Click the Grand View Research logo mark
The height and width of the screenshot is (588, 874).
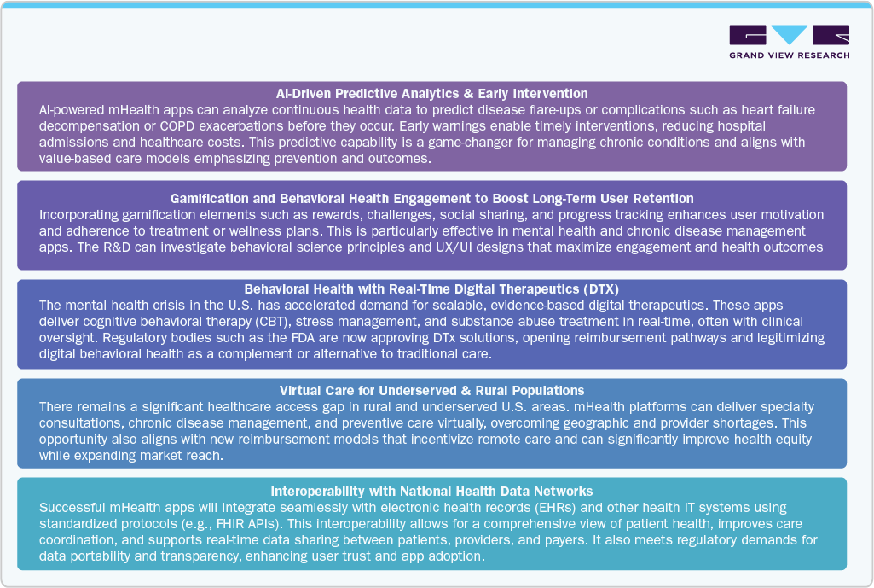[789, 35]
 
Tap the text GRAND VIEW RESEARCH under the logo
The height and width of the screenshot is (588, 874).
[789, 56]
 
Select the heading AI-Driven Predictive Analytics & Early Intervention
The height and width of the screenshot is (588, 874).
[431, 93]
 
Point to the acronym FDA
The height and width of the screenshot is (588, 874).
[234, 338]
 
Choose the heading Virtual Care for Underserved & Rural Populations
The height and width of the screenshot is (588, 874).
[431, 391]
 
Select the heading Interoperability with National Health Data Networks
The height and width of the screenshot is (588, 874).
[431, 491]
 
